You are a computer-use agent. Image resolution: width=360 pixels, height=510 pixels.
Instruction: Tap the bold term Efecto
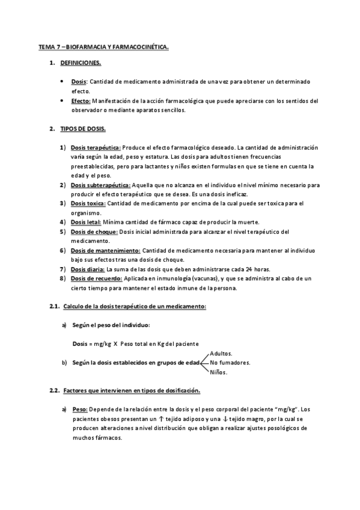pyautogui.click(x=81, y=101)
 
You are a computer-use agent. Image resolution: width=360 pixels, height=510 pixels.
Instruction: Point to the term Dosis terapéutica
pyautogui.click(x=96, y=147)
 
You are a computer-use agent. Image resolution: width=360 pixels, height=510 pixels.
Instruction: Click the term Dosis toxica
pyautogui.click(x=88, y=203)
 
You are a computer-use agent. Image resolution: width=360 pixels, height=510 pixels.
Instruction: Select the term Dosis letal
pyautogui.click(x=86, y=222)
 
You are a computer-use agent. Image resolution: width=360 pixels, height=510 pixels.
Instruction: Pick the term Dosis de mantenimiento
pyautogui.click(x=105, y=250)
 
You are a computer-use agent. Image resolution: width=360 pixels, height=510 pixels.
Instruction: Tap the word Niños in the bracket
pyautogui.click(x=218, y=372)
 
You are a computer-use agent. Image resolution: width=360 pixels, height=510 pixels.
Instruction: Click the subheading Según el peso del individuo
pyautogui.click(x=111, y=325)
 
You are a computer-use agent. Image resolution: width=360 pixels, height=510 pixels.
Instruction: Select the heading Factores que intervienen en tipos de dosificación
pyautogui.click(x=131, y=391)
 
